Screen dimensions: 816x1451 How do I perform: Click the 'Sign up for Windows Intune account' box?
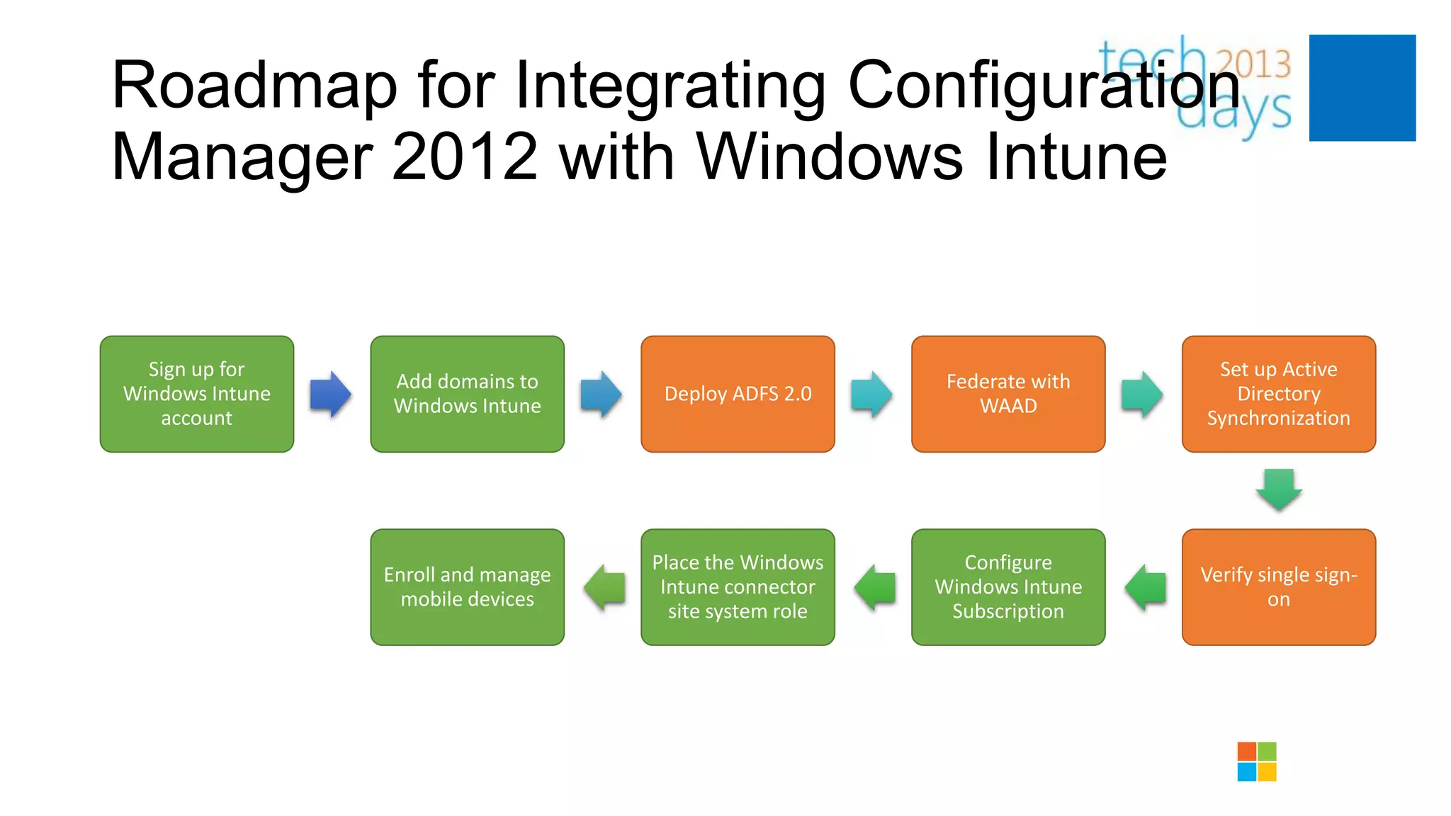point(197,394)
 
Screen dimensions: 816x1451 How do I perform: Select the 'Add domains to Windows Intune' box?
point(468,394)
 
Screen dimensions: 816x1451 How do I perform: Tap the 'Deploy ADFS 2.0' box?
point(738,394)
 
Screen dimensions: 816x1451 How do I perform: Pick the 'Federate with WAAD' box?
point(1008,394)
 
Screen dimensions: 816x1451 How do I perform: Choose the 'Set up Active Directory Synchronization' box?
point(1279,394)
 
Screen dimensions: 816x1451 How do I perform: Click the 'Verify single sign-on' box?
point(1279,587)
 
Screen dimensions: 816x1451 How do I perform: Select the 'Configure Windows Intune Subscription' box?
point(1008,587)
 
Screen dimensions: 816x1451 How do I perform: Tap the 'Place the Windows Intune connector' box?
point(738,587)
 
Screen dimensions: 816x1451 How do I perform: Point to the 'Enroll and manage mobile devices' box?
point(468,587)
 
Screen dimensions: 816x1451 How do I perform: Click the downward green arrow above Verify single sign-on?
point(1279,489)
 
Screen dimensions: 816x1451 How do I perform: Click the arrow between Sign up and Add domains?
point(331,394)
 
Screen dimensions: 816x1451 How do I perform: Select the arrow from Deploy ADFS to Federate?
point(871,394)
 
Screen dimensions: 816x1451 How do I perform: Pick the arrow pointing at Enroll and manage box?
point(604,587)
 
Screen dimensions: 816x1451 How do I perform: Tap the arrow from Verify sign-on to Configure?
point(1145,587)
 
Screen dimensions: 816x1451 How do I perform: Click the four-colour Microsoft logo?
point(1257,761)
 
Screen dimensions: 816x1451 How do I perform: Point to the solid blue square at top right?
point(1362,88)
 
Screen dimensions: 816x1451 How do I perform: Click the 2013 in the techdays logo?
point(1253,64)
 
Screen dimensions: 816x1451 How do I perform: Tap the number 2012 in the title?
point(465,157)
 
